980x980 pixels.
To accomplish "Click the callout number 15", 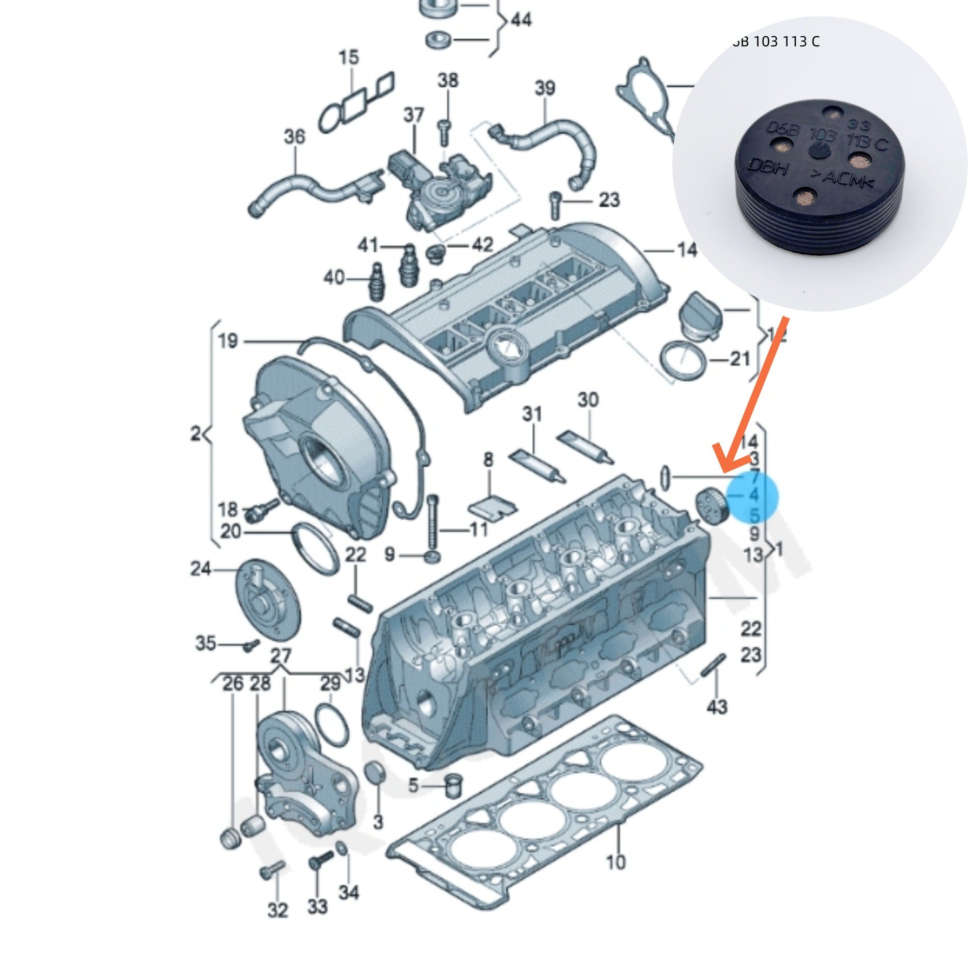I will (x=349, y=57).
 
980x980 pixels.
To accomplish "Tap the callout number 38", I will (x=448, y=81).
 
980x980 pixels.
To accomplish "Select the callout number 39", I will (x=545, y=88).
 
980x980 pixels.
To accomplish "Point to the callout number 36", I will (x=294, y=137).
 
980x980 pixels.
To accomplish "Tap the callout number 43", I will (x=717, y=706).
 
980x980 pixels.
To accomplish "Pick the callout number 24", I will (x=201, y=569).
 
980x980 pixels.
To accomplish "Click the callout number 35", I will (x=206, y=643).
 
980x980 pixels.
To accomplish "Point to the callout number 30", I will (x=587, y=400).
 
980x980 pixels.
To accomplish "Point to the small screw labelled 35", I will (x=249, y=646).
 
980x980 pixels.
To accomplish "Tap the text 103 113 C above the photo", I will (x=778, y=42).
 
